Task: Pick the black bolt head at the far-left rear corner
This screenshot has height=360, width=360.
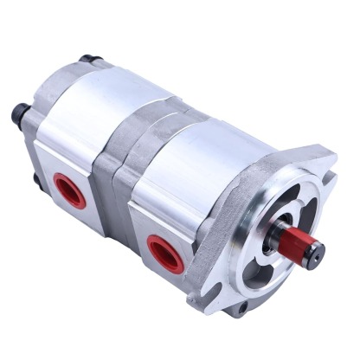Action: tap(19, 112)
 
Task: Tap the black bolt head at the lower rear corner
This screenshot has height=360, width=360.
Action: tap(35, 181)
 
